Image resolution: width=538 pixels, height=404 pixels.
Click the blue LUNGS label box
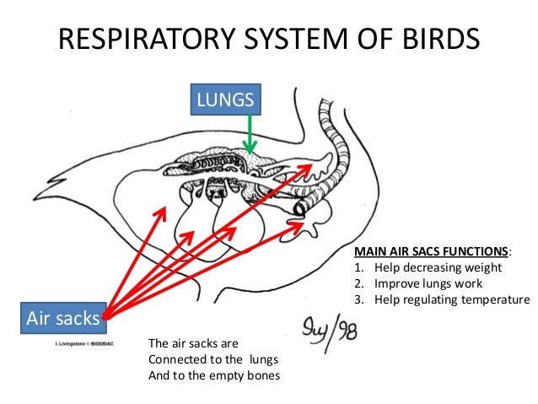point(225,100)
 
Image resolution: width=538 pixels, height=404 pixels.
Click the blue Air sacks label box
point(63,319)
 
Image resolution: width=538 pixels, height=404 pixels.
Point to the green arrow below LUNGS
point(249,135)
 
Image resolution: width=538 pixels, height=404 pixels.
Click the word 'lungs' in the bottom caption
point(263,359)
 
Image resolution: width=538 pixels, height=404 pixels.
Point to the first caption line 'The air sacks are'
point(194,344)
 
